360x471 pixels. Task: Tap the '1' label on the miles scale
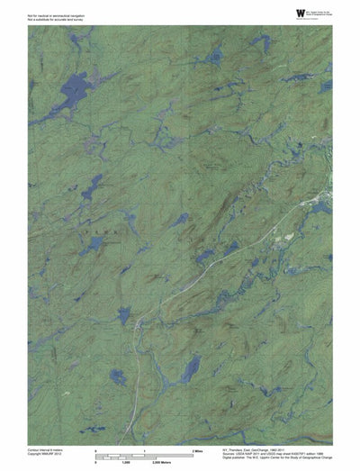click(145, 448)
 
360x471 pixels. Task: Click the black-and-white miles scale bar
click(144, 453)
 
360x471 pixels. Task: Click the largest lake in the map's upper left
click(65, 92)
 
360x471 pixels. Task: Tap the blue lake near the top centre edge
click(213, 57)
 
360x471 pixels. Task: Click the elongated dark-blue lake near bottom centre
click(190, 367)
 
